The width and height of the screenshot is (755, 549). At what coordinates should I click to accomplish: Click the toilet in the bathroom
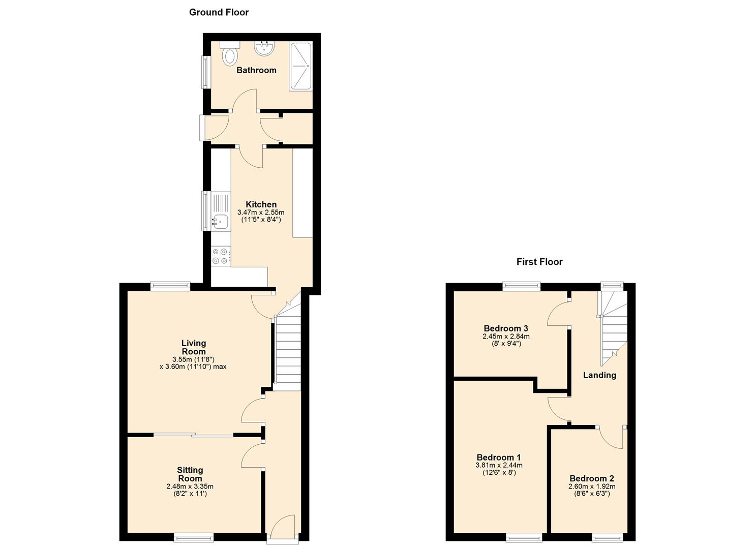click(230, 53)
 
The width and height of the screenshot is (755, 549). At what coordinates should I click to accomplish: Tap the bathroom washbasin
click(264, 48)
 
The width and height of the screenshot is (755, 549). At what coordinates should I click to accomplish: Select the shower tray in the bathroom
click(300, 66)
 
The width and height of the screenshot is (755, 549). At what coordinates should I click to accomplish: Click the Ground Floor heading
click(219, 13)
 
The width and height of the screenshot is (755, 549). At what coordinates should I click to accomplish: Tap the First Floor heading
click(539, 262)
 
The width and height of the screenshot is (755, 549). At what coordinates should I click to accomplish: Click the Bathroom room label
click(256, 70)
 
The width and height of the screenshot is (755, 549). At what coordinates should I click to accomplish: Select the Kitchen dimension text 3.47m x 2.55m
click(261, 212)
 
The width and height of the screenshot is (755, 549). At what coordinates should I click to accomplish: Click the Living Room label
click(194, 347)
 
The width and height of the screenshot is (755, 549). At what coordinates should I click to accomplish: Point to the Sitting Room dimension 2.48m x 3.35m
click(190, 486)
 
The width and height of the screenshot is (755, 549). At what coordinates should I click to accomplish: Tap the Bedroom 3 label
click(505, 328)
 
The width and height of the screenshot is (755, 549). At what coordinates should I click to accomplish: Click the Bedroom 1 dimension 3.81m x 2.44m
click(499, 465)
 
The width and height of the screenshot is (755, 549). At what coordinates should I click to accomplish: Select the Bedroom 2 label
click(591, 478)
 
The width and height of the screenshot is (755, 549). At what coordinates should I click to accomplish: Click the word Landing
click(599, 375)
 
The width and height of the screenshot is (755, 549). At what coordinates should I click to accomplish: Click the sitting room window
click(194, 537)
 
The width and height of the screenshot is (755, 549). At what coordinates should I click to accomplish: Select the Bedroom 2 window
click(608, 537)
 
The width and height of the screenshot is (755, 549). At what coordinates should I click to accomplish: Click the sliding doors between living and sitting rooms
click(193, 435)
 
